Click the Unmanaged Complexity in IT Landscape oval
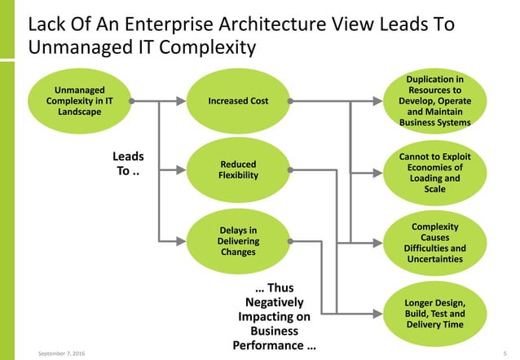tap(78, 101)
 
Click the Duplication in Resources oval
tap(434, 101)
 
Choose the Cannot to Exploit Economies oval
tap(434, 172)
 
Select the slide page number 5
tap(506, 351)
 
